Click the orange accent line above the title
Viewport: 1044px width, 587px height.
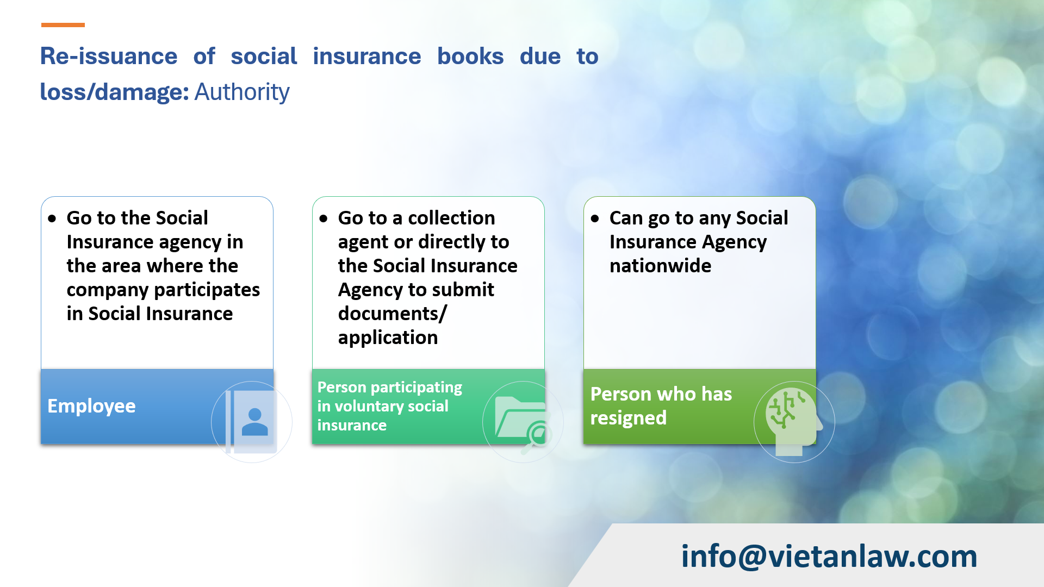[63, 25]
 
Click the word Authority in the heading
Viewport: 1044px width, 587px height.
[242, 92]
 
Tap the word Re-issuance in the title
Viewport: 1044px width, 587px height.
[109, 57]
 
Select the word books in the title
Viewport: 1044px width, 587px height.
[470, 57]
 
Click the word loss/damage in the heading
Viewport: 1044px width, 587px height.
[114, 92]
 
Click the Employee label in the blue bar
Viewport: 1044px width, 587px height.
[91, 406]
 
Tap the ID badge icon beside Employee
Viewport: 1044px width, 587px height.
[252, 422]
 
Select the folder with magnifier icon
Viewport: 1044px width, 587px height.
[523, 422]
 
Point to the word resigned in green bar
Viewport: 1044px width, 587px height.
[628, 418]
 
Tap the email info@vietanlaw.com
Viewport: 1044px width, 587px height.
[829, 557]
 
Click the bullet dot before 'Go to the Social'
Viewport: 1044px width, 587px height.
[52, 219]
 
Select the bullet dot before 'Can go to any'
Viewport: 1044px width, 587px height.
[595, 219]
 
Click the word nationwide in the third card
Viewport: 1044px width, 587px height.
[660, 266]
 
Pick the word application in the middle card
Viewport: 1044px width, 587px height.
[388, 338]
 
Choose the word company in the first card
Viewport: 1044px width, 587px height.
[108, 290]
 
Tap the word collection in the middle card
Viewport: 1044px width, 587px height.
[451, 218]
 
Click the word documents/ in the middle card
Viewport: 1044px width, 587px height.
[392, 314]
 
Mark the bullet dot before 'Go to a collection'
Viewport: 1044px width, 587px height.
[324, 219]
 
